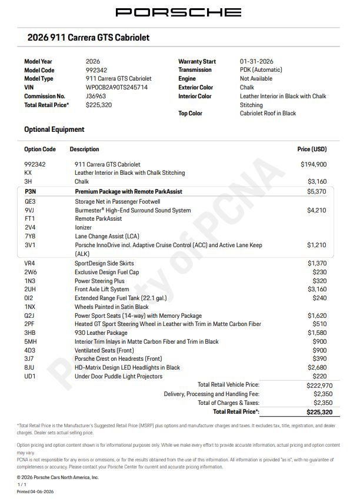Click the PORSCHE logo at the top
click(x=178, y=12)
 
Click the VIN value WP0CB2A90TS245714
click(x=116, y=87)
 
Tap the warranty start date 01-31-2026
click(x=256, y=61)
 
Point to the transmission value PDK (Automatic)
click(x=261, y=70)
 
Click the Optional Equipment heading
click(x=54, y=129)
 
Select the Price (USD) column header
click(x=312, y=149)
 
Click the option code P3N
click(x=30, y=192)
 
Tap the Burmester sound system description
click(x=132, y=210)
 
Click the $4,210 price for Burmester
click(x=316, y=210)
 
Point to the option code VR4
click(x=29, y=263)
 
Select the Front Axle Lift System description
click(x=102, y=290)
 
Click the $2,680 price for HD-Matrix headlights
click(x=316, y=368)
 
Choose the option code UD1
click(x=29, y=377)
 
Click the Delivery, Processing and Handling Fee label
click(x=211, y=394)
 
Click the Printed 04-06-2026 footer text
click(x=35, y=491)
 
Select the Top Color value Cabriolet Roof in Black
click(x=268, y=114)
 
